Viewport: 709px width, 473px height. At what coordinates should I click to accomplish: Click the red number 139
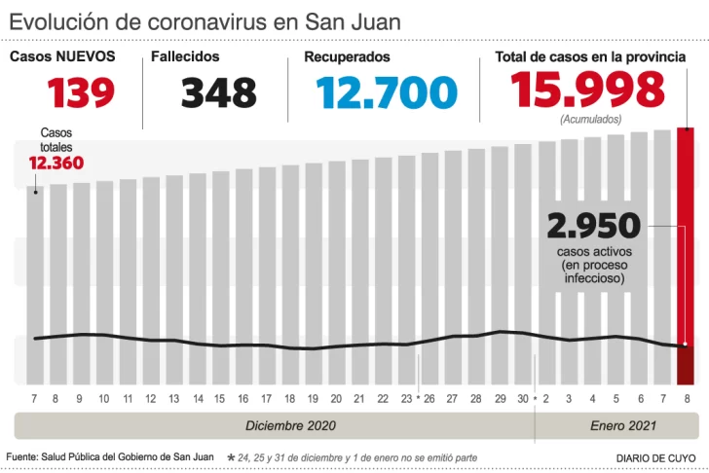tap(82, 92)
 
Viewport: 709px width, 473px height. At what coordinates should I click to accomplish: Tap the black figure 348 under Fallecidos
tap(219, 92)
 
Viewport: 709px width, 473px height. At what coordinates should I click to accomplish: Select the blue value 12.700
tap(387, 92)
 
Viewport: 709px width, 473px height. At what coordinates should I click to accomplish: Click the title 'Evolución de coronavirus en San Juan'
tap(205, 20)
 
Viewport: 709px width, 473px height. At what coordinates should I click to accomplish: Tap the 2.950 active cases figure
tap(594, 226)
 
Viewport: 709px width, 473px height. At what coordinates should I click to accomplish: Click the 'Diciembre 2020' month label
tap(291, 425)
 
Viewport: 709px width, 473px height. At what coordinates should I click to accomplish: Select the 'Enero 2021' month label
tap(623, 425)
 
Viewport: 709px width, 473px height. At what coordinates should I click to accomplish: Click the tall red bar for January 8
tap(686, 234)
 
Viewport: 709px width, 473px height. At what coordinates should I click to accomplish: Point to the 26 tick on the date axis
tap(429, 399)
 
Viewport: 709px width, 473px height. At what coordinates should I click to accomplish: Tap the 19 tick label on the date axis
tap(312, 399)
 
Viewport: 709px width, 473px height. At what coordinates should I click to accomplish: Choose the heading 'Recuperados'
tap(347, 57)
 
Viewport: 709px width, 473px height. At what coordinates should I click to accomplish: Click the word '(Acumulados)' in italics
tap(590, 119)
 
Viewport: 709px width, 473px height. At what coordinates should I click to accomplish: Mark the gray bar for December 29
tap(500, 263)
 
